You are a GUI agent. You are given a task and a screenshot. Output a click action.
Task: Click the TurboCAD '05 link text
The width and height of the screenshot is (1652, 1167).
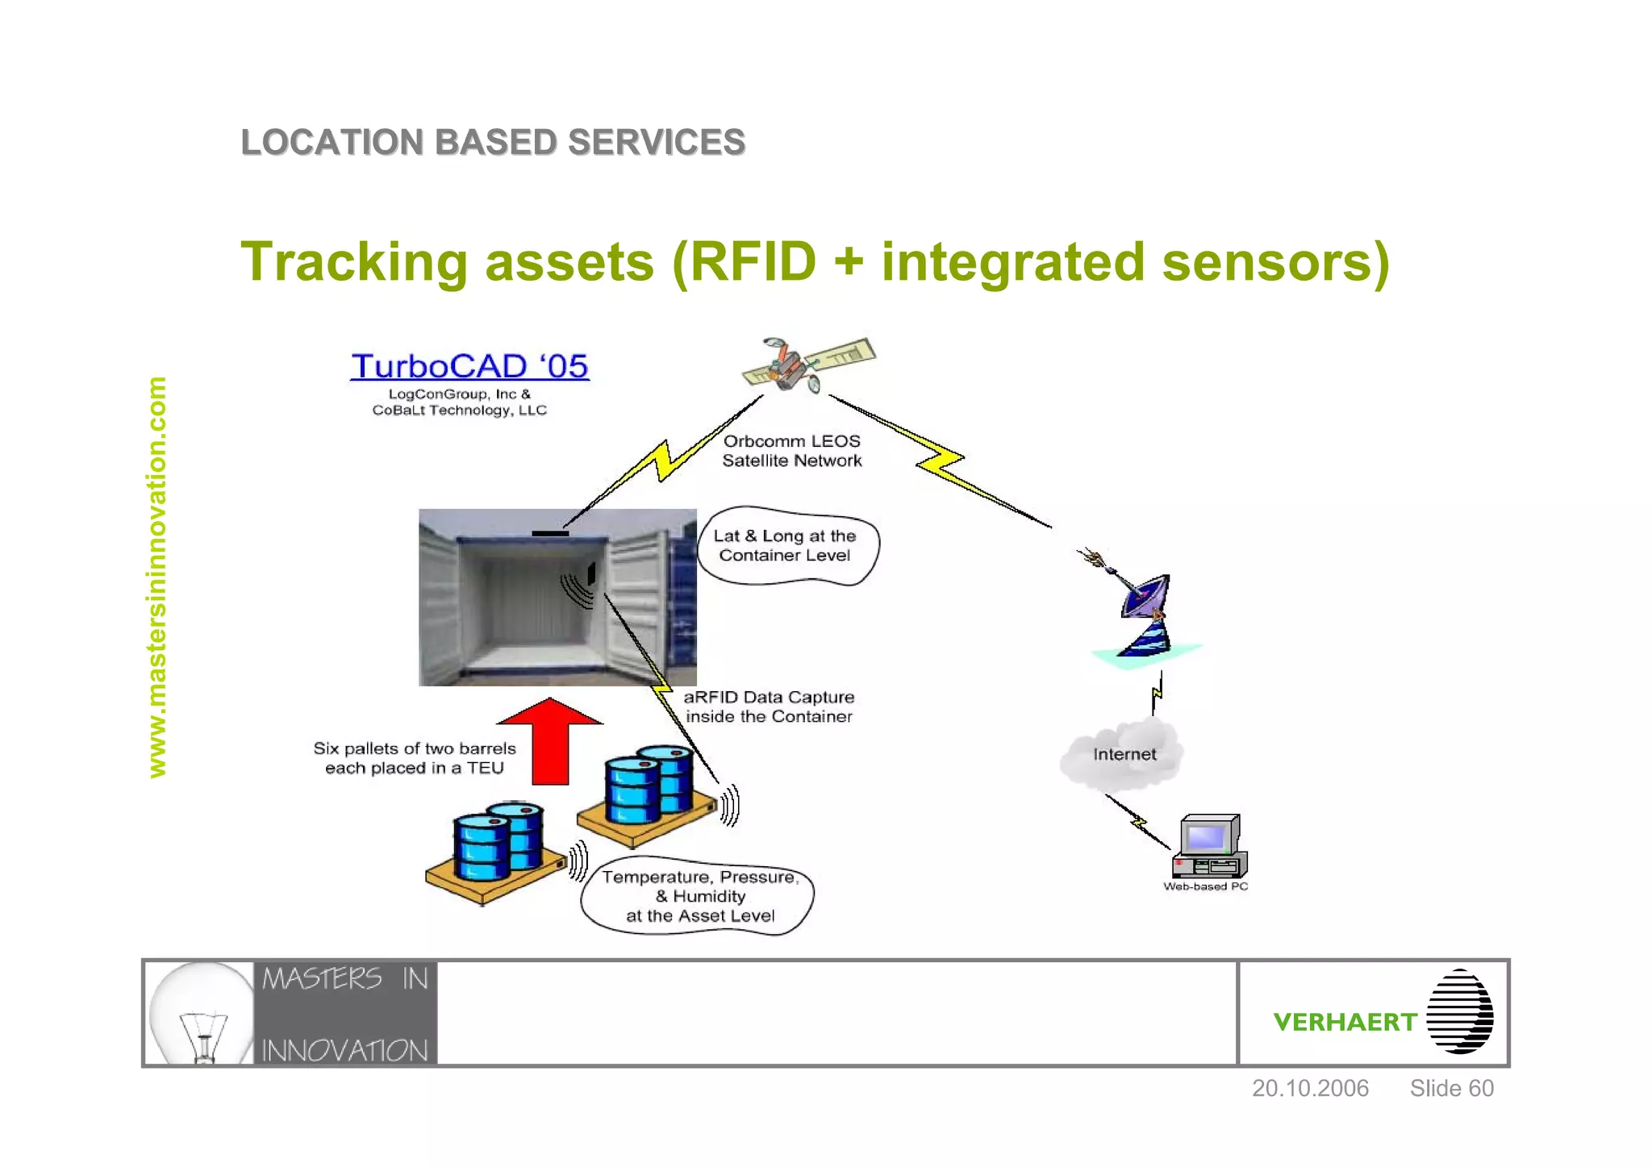click(x=469, y=366)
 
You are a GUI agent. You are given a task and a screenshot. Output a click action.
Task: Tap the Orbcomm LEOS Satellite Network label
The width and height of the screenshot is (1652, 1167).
click(x=791, y=451)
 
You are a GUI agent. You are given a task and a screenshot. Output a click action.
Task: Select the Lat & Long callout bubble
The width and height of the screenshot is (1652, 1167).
click(x=786, y=546)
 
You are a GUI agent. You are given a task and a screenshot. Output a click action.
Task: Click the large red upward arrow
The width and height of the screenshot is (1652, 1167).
click(x=550, y=740)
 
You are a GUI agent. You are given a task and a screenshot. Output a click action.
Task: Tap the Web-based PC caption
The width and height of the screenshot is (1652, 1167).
click(x=1205, y=886)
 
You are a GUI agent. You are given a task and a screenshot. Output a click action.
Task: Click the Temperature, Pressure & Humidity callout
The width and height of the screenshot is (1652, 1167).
click(x=699, y=896)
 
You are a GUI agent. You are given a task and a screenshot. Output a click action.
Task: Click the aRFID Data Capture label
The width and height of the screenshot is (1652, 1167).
click(x=768, y=706)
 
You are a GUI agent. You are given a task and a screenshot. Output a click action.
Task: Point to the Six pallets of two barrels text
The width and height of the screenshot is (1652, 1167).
click(x=414, y=758)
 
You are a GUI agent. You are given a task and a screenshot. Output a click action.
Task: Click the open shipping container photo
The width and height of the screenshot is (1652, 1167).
click(x=557, y=598)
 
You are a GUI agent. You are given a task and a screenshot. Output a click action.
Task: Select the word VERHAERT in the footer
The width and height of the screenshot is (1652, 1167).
click(x=1344, y=1022)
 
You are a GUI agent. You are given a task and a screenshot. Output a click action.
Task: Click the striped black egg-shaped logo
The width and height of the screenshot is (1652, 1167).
click(x=1459, y=1011)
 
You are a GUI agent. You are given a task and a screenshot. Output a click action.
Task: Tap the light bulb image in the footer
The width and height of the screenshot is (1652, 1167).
click(x=201, y=1014)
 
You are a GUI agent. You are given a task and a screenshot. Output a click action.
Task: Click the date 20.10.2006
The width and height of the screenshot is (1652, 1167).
click(x=1309, y=1088)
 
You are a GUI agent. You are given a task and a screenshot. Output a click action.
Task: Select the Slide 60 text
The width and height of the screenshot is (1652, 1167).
click(x=1450, y=1088)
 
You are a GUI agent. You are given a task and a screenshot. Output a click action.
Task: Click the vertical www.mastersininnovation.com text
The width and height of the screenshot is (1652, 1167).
click(x=156, y=577)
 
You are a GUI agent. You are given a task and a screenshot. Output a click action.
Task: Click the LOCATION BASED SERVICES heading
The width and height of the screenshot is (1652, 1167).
click(x=493, y=143)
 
